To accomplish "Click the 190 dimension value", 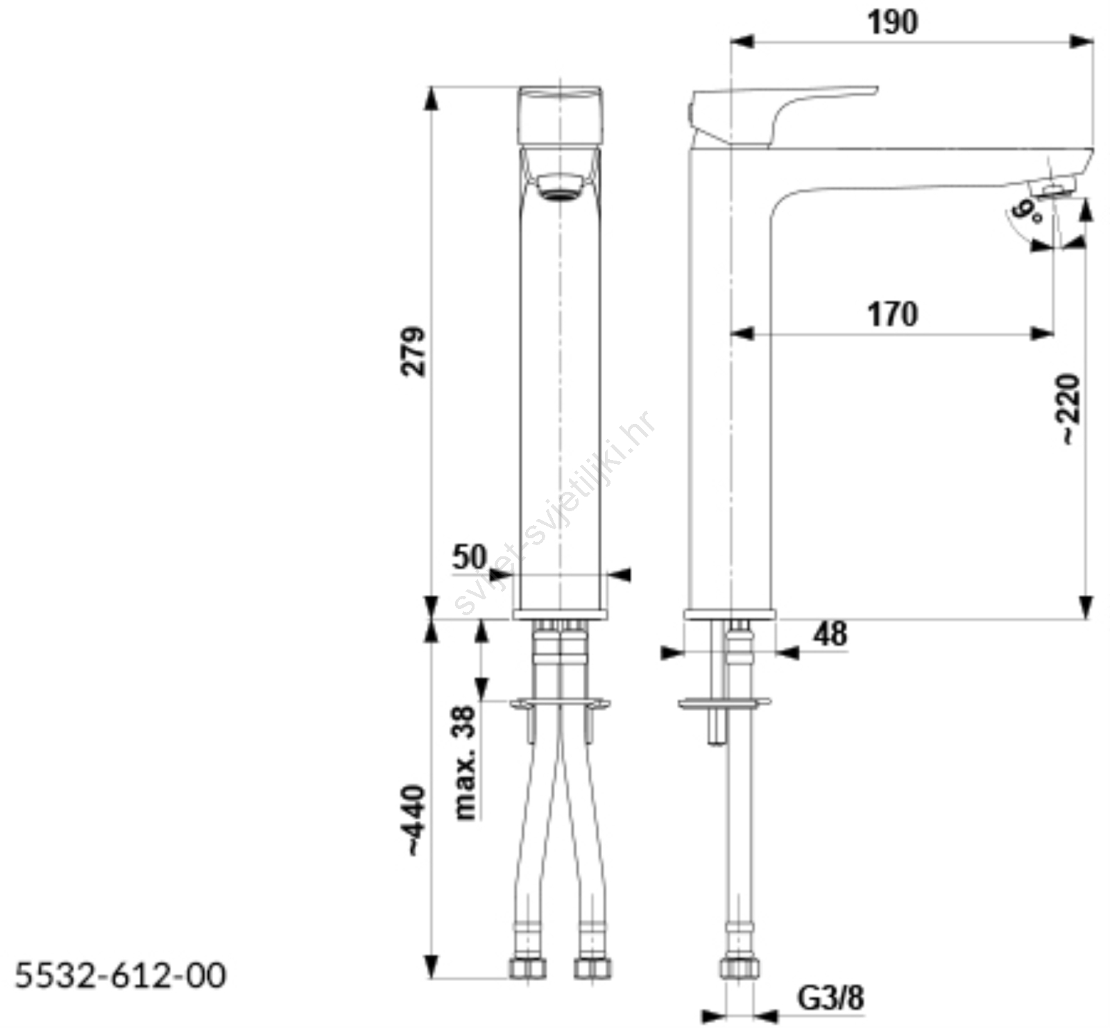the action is pos(892,22).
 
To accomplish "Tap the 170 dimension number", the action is pos(893,314).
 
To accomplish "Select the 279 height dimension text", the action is pos(413,351).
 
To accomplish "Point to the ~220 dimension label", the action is pos(1069,409).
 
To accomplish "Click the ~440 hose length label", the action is pos(414,821).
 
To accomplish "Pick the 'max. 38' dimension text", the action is pos(465,763).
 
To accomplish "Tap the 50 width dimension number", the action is pos(470,557).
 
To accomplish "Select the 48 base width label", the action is pos(830,634).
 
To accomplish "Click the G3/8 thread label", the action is pos(830,999).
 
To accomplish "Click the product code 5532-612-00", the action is pos(121,975).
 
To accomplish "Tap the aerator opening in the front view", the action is pos(560,186).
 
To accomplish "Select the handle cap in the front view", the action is pos(560,116).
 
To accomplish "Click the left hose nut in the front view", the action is pos(528,968).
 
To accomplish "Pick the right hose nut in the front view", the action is pos(592,968).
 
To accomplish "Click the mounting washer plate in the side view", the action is pos(724,703).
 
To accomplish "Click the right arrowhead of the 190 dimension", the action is pos(1082,42).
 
